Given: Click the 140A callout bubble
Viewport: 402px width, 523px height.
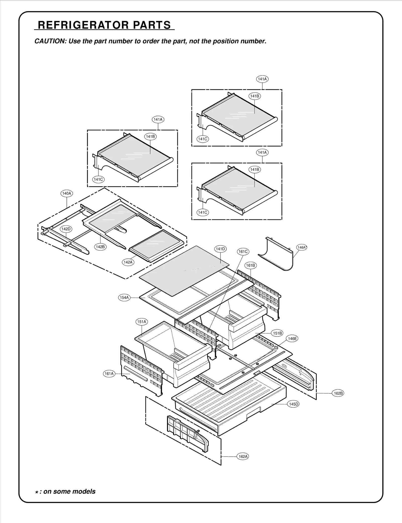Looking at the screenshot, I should click(x=67, y=193).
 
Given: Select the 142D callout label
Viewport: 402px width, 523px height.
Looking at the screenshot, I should click(x=66, y=229).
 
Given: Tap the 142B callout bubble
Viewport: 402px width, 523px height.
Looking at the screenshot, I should click(x=100, y=247).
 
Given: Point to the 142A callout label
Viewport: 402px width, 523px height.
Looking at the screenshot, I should click(x=128, y=262).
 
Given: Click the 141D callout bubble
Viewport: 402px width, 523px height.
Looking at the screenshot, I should click(x=220, y=249).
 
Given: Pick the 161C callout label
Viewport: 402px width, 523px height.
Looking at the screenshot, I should click(x=243, y=252).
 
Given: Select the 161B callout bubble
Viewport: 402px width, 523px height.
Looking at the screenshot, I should click(x=250, y=265).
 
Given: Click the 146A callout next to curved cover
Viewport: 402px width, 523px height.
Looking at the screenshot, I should click(x=301, y=247).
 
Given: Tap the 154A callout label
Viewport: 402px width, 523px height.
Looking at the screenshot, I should click(x=124, y=298).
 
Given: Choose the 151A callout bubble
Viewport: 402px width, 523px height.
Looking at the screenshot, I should click(x=142, y=322).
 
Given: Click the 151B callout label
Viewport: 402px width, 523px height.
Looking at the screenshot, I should click(x=277, y=333).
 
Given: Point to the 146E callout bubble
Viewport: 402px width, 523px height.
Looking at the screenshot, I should click(x=292, y=339).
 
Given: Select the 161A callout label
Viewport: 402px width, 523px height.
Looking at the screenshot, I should click(x=109, y=374).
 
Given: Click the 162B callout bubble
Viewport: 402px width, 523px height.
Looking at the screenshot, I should click(x=338, y=393).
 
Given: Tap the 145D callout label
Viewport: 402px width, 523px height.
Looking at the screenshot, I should click(x=293, y=404).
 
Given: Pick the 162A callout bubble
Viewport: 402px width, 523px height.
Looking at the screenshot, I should click(x=243, y=456).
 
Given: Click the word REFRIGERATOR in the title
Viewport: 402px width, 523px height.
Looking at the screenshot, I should click(x=83, y=25).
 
